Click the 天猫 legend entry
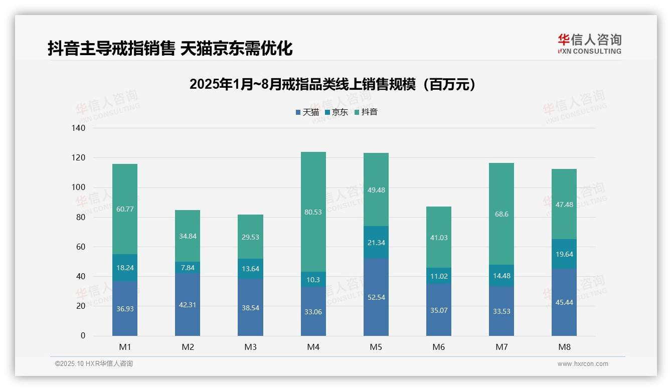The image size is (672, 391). click(x=307, y=112)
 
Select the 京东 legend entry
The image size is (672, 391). click(x=336, y=112)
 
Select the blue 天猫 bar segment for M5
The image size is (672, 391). click(x=376, y=297)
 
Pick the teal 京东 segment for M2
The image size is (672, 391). click(x=188, y=268)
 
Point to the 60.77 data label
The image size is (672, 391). click(x=125, y=209)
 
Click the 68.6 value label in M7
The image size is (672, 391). click(x=501, y=214)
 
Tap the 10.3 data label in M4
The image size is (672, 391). click(x=313, y=280)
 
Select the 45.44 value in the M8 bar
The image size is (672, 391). click(x=564, y=302)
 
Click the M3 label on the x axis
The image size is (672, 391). click(x=250, y=347)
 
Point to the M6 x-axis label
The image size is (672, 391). click(x=439, y=347)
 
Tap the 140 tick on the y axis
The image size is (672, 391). click(x=79, y=128)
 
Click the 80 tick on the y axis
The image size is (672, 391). click(x=81, y=218)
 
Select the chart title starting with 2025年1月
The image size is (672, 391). click(x=332, y=84)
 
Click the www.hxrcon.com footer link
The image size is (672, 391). click(x=583, y=364)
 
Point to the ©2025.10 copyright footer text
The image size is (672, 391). click(x=94, y=364)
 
